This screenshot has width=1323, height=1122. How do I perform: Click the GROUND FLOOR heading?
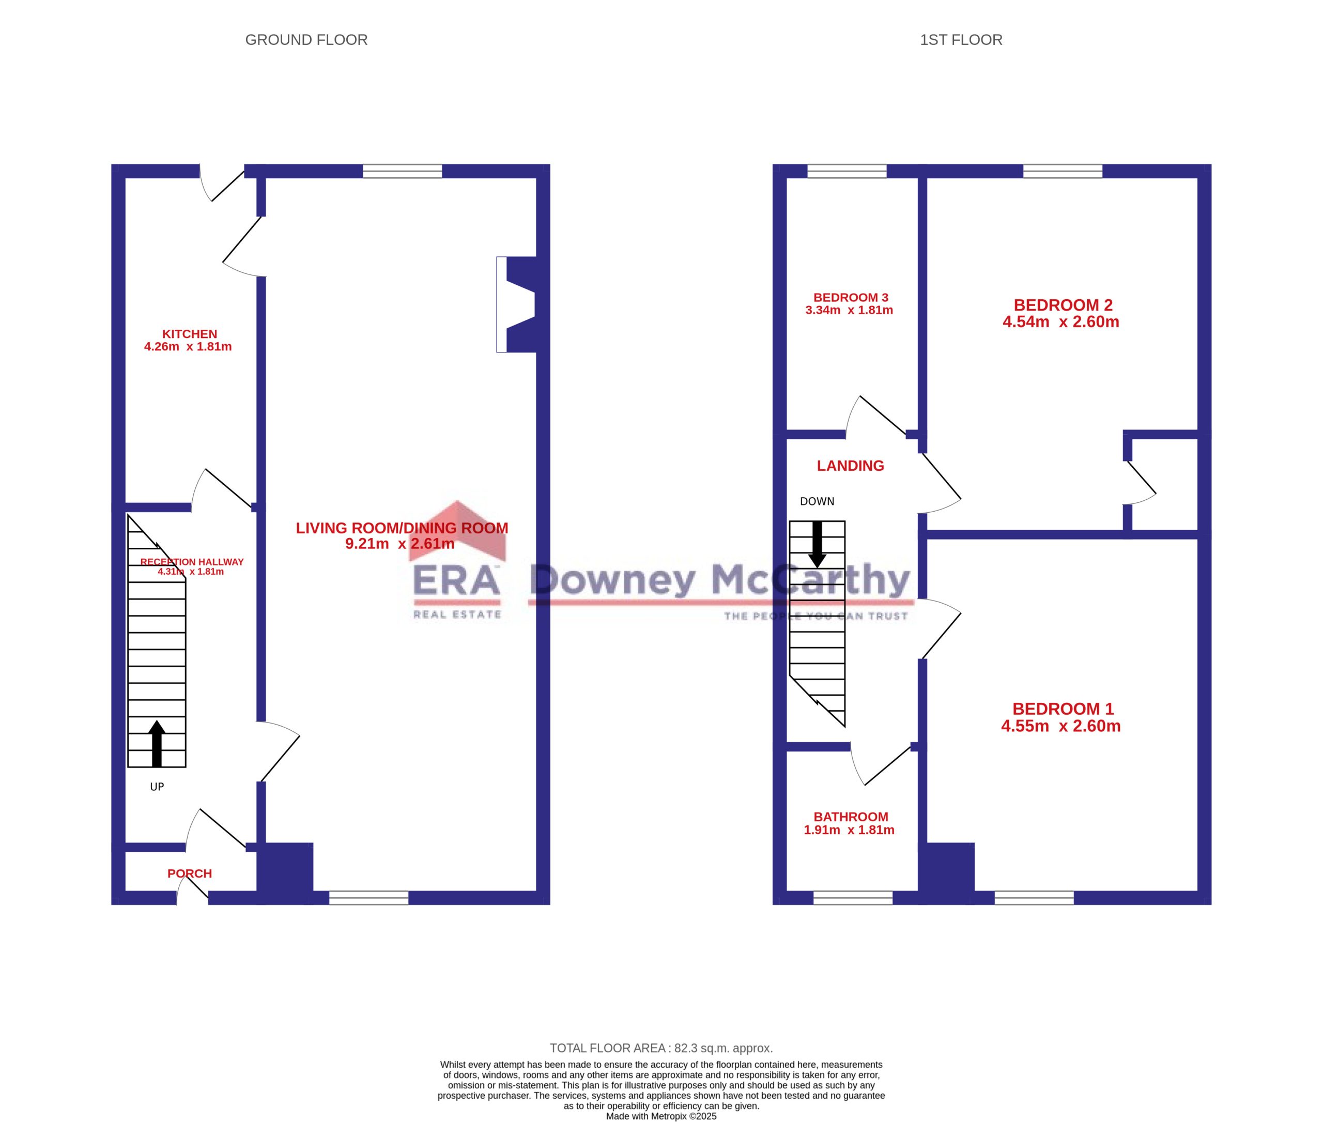306,40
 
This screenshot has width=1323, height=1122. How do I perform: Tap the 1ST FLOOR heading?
960,40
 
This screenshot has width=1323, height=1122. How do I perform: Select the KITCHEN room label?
190,334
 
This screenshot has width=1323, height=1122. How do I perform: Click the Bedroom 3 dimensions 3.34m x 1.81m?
849,311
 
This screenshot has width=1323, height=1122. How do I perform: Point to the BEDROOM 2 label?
1063,305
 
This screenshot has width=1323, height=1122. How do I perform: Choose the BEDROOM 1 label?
1063,709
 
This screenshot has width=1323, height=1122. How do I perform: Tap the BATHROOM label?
851,817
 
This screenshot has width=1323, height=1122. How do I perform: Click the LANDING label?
851,466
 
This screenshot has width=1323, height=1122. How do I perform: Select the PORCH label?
190,873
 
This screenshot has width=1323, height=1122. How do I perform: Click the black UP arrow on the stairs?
157,744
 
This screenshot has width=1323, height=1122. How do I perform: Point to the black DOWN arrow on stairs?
818,545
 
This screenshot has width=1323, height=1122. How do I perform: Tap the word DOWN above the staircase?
817,501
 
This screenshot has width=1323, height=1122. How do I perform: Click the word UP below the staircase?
157,787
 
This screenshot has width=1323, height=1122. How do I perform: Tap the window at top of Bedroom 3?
847,171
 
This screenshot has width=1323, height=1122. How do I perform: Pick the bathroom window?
853,898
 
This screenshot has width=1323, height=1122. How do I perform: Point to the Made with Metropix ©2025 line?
661,1116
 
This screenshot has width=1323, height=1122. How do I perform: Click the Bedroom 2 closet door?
1142,483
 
